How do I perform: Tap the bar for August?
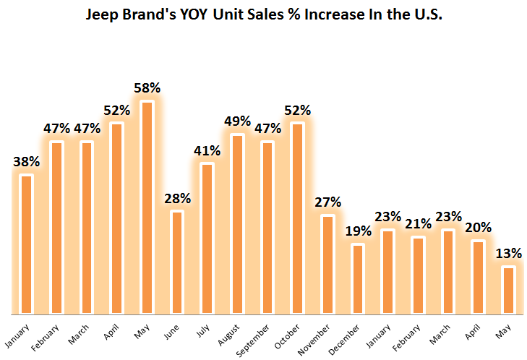click(x=237, y=224)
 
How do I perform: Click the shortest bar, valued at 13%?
click(x=507, y=291)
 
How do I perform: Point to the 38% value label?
click(x=27, y=162)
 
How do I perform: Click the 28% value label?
click(x=177, y=198)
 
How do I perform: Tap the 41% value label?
click(x=207, y=151)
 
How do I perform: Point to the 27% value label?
click(x=327, y=202)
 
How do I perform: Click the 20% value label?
click(x=477, y=228)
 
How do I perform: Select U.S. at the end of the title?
click(x=426, y=14)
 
